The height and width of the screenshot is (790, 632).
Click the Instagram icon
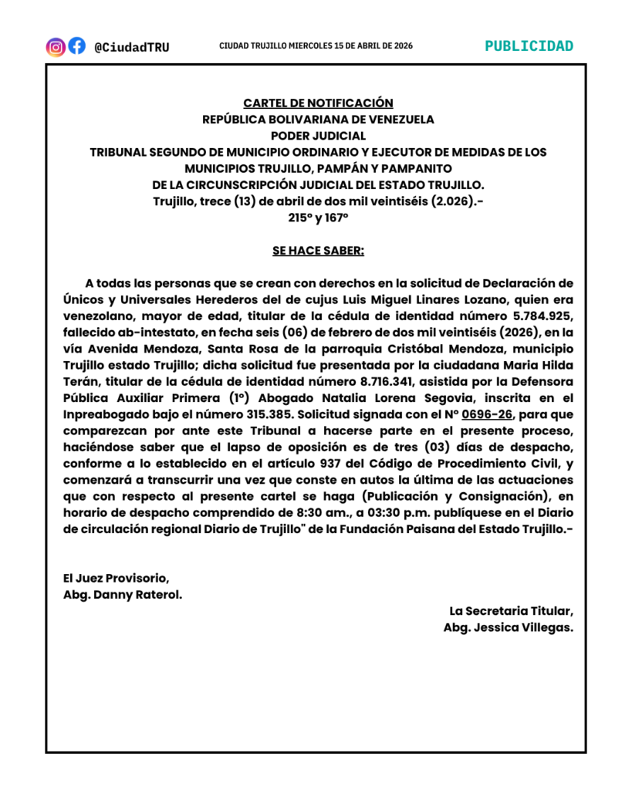point(56,46)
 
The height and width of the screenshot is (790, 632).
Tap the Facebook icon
point(76,46)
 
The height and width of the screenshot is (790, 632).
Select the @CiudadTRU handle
point(131,47)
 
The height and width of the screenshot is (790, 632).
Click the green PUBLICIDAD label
point(529,46)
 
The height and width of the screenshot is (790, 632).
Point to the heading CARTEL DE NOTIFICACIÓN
point(318,103)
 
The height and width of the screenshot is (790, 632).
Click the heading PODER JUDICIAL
point(318,136)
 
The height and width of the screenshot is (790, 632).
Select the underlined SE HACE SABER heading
point(318,251)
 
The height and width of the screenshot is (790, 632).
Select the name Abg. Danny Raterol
point(123,595)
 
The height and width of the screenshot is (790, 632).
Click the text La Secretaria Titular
point(511,611)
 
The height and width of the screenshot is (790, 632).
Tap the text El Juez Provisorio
point(116,579)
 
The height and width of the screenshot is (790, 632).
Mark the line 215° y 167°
point(318,218)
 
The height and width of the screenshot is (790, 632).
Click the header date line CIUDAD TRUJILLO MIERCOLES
point(316,46)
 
